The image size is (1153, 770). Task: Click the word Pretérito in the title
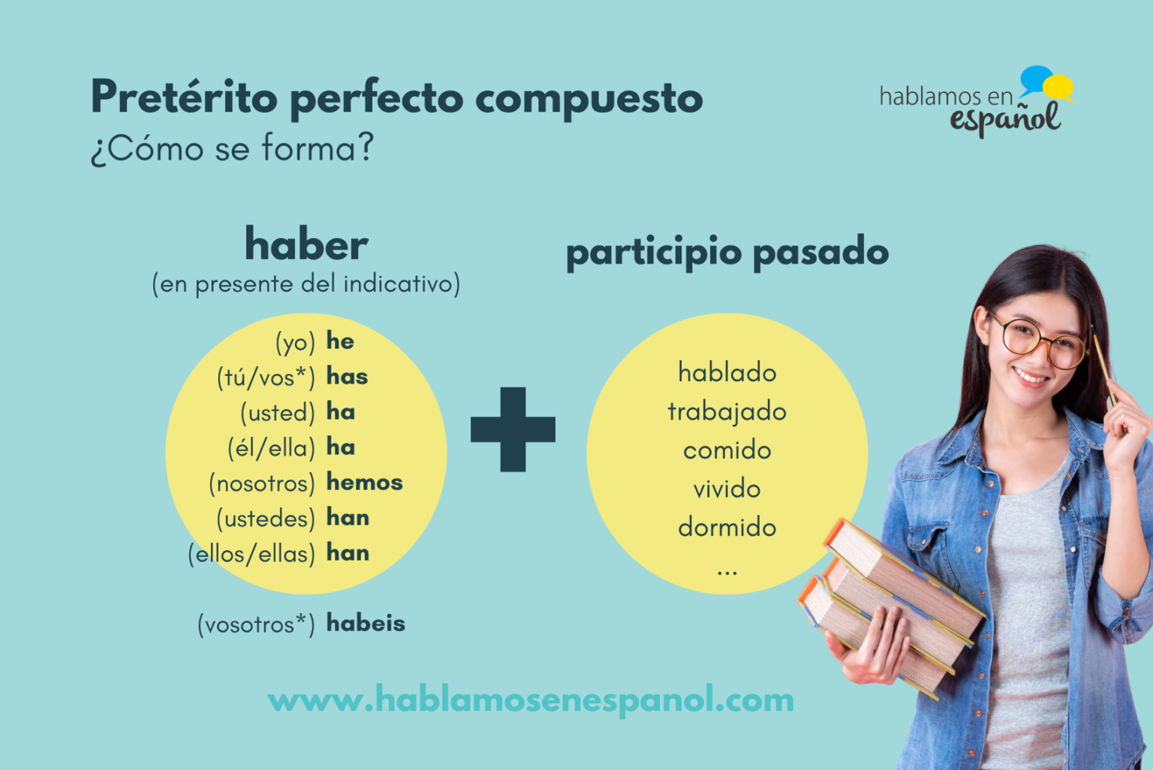185,98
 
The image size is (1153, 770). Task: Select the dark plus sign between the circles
513,429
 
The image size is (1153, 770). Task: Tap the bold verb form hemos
364,483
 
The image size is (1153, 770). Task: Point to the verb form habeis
366,623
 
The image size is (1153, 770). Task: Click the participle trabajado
727,412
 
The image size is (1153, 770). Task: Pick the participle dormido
727,528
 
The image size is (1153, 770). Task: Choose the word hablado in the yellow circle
727,372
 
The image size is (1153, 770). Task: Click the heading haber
306,245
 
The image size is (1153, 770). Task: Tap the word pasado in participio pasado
820,251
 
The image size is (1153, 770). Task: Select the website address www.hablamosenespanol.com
531,699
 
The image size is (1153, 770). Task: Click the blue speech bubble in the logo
1036,78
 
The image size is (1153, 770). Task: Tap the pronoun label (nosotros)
262,483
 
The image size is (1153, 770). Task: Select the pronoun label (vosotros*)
256,624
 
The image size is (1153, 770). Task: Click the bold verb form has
347,376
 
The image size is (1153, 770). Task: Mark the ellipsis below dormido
727,573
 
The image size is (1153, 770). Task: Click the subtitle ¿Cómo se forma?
232,148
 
